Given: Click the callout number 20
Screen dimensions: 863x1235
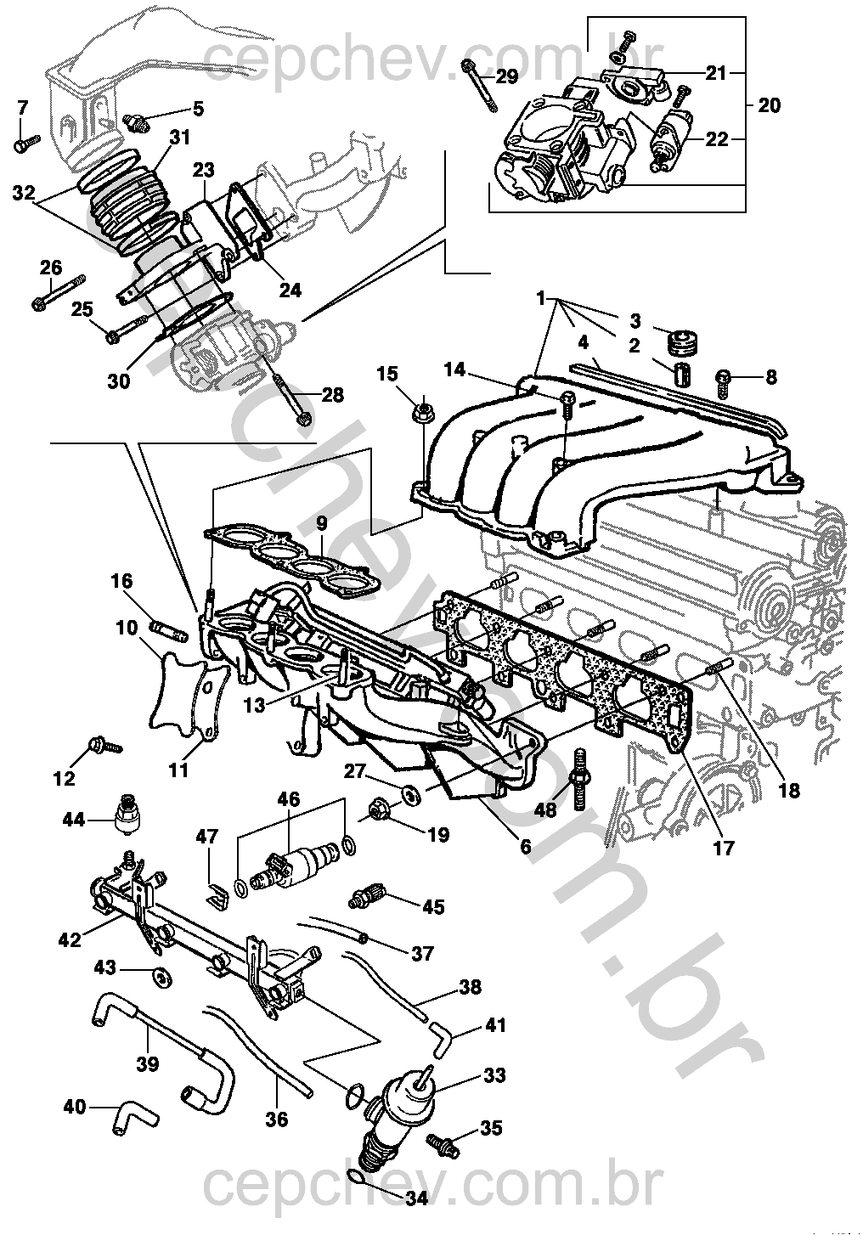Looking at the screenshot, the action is [769, 105].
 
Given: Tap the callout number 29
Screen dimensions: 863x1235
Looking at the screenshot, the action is [506, 76].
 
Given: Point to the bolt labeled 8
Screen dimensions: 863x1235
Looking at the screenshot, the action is [722, 384].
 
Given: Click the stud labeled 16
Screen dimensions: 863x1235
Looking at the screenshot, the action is [169, 630].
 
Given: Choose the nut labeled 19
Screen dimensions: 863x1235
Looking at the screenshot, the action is [378, 811].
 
